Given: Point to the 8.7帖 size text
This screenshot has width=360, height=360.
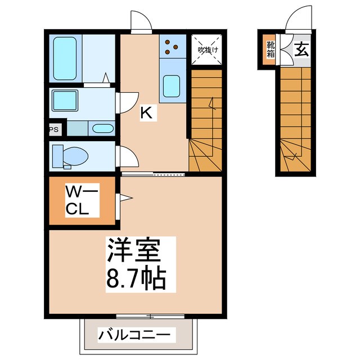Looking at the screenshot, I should pos(134,278).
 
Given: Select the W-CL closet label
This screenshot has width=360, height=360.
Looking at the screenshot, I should pos(81,200).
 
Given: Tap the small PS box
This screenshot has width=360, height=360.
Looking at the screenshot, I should pos(55,129).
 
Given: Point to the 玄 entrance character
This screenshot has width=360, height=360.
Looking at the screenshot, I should pos(301,49).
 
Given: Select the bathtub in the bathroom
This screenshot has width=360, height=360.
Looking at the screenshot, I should pos(65,58).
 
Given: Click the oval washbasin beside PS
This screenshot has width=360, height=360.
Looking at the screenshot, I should pos(102,128).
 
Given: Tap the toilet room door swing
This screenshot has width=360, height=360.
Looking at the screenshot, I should pos(129,155).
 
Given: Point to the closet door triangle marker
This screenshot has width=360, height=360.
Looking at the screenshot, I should pos(125,197).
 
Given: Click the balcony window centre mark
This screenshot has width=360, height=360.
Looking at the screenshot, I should pos(150,316).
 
